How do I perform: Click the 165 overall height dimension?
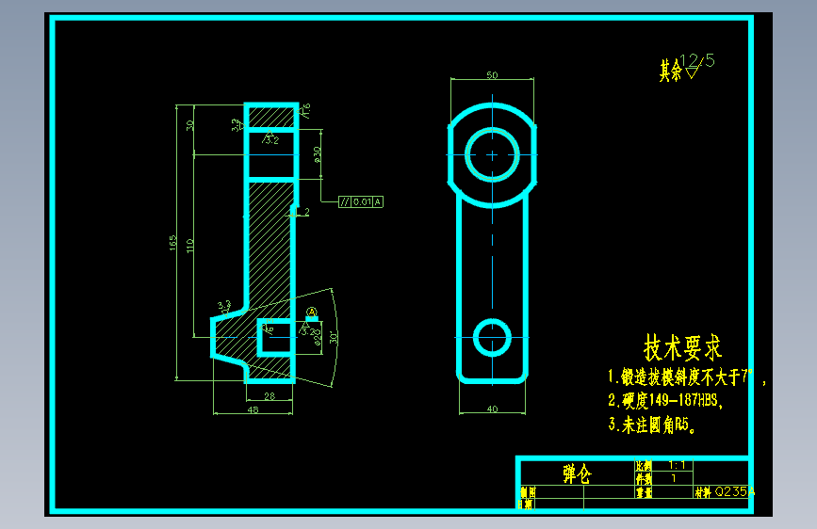click(173, 244)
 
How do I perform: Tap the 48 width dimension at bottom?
click(253, 409)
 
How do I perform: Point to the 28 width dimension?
click(270, 397)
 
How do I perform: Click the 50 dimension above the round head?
click(492, 74)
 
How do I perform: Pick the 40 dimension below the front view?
click(491, 409)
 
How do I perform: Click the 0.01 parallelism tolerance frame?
click(361, 201)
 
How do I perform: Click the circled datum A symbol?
click(312, 313)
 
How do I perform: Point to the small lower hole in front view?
click(492, 336)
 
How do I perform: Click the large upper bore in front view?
click(492, 154)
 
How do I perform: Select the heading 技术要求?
click(682, 347)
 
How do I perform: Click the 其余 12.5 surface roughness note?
click(687, 68)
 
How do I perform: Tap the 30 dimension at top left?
click(190, 125)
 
